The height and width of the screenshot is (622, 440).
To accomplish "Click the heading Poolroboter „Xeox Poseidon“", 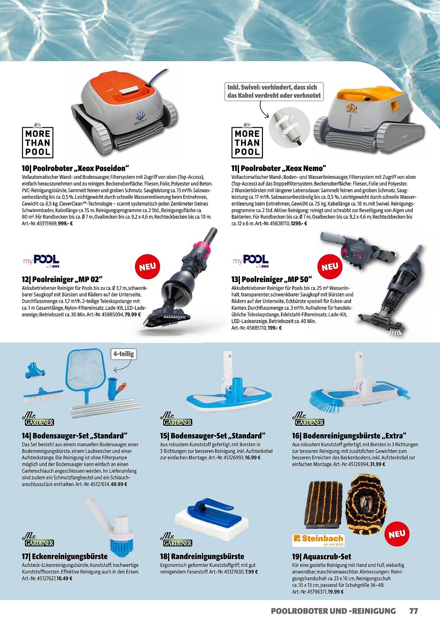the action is tap(75, 169).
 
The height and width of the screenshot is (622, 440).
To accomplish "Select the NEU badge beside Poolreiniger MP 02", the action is tap(147, 267).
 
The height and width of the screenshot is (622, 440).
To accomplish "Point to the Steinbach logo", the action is tap(318, 541).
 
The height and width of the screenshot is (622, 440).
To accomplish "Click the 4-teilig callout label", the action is tap(124, 354).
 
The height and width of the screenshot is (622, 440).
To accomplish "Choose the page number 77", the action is tap(413, 611).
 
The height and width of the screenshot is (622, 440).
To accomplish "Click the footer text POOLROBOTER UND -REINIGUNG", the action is tap(333, 611).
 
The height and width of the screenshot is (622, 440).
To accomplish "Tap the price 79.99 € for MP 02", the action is tap(133, 314).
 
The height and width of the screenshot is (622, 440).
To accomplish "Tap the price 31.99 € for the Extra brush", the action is tap(377, 464).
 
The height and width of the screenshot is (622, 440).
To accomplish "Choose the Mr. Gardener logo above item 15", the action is tap(176, 419).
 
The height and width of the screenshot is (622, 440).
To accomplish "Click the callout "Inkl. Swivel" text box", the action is tap(274, 91).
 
